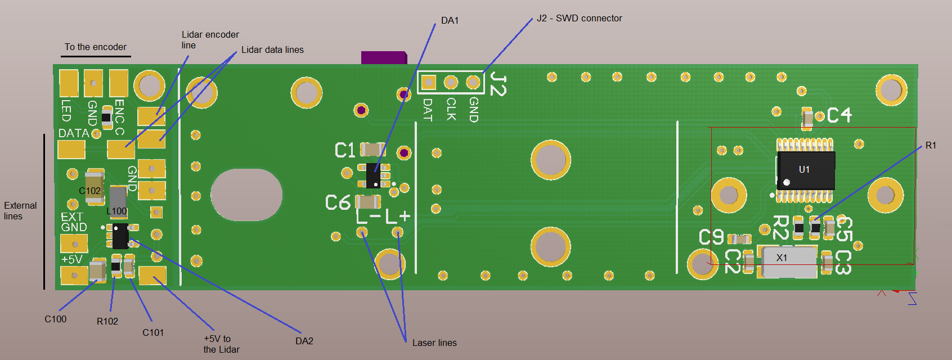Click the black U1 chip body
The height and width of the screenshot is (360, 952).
click(806, 169)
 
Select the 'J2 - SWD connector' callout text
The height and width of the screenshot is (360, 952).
click(579, 19)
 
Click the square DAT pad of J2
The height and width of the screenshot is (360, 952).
click(428, 83)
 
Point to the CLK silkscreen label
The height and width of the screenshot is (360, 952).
click(451, 109)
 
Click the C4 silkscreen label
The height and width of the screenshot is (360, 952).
click(839, 115)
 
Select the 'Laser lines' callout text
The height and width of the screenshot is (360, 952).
click(434, 343)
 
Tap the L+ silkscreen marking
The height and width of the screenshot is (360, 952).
click(398, 216)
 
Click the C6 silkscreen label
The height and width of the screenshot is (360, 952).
click(338, 202)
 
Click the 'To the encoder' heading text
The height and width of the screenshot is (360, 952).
click(96, 47)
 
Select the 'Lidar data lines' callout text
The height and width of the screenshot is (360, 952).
click(272, 50)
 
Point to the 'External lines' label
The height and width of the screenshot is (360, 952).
click(20, 211)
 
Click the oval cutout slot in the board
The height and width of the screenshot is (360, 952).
click(246, 195)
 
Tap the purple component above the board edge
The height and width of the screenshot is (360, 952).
click(384, 57)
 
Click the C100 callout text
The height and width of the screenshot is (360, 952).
click(56, 319)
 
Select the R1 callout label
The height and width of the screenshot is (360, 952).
click(931, 146)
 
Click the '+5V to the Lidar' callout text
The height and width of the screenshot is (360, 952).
click(221, 344)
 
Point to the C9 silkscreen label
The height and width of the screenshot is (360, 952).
click(711, 237)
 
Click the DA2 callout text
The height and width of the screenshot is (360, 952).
click(304, 341)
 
